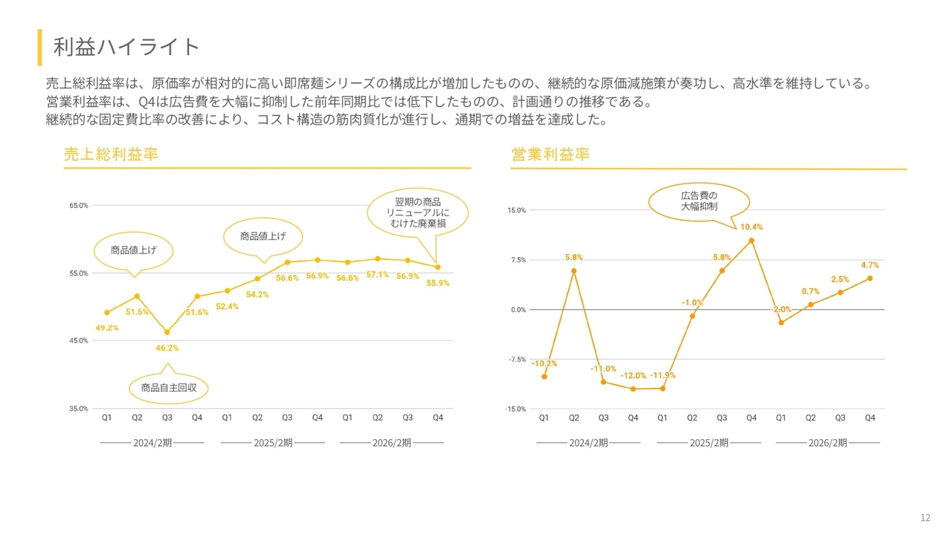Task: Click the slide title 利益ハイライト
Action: (x=126, y=47)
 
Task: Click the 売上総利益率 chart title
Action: (x=111, y=155)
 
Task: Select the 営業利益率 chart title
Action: (x=550, y=155)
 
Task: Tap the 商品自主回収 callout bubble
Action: (x=169, y=387)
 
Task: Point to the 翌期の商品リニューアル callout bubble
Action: (x=417, y=213)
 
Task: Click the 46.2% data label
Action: (x=167, y=348)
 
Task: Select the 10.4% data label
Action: (x=751, y=227)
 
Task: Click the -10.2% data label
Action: (x=544, y=363)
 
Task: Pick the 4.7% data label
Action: (x=870, y=265)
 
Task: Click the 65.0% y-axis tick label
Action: (x=79, y=205)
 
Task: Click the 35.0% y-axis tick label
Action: (x=79, y=409)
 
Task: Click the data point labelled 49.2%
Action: (x=107, y=313)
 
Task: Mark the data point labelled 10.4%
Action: (x=751, y=241)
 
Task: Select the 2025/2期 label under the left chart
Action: (x=273, y=443)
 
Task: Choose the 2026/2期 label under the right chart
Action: (x=827, y=443)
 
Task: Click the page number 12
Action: (x=925, y=518)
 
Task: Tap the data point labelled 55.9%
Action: (x=437, y=267)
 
